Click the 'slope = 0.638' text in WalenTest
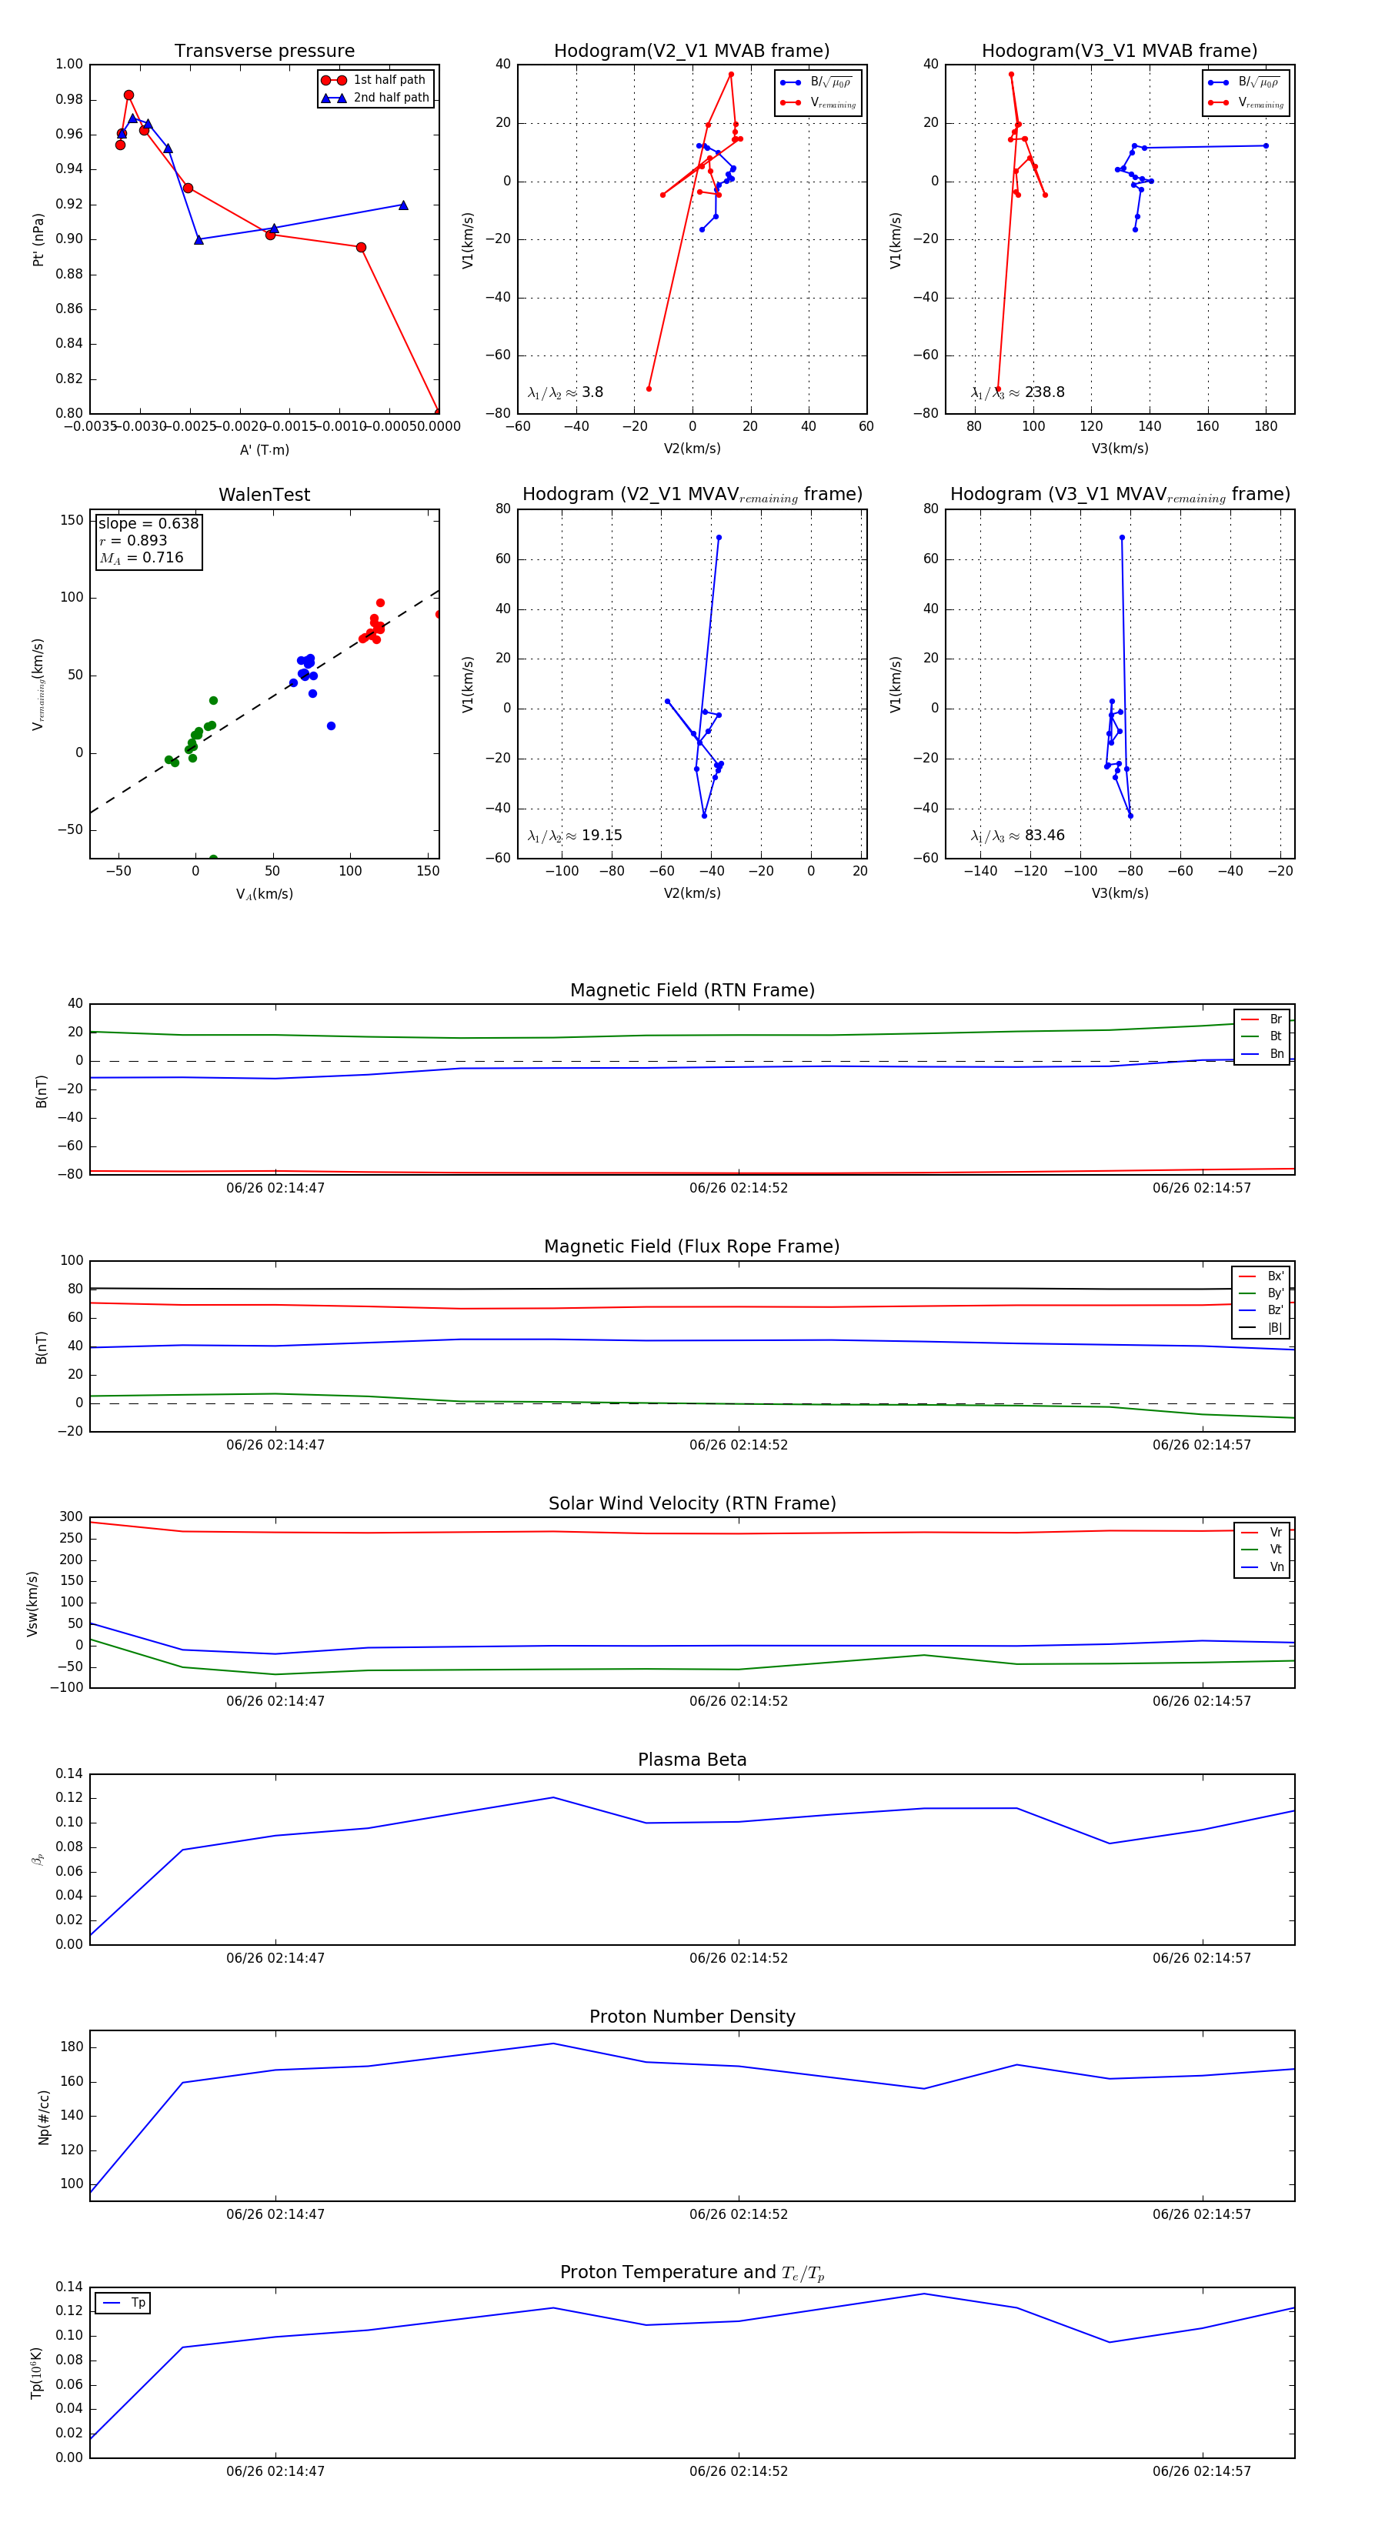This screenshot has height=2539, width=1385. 148,523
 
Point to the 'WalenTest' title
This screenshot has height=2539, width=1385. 264,495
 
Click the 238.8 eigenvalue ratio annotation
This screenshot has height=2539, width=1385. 1017,392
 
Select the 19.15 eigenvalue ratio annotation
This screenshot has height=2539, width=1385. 575,836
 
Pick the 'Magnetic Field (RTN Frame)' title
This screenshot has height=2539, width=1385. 692,990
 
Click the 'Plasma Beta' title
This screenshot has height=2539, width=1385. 692,1760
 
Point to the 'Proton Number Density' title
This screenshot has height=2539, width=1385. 692,2017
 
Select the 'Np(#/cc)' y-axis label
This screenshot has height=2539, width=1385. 43,2116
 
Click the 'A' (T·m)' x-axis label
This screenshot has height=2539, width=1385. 264,449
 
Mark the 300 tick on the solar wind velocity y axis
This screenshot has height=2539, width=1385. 71,1517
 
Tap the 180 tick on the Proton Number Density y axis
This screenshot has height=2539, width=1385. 71,2047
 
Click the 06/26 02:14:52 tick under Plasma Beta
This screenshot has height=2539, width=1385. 739,1958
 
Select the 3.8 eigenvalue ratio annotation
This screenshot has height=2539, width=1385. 565,392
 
